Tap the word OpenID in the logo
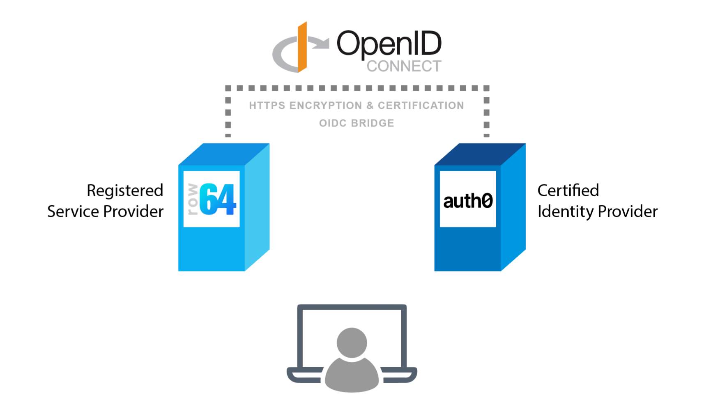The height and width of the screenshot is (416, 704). [389, 44]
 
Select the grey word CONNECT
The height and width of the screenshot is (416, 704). [404, 66]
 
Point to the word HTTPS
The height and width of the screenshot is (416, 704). [267, 106]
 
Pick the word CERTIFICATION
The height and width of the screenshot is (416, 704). [421, 106]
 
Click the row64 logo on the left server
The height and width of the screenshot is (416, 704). [212, 199]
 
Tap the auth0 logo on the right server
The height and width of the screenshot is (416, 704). [468, 200]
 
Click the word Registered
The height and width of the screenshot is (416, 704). [125, 191]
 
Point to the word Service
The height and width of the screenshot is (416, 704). [73, 211]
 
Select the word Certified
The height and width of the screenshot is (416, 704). [568, 191]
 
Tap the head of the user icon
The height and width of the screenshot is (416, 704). [352, 342]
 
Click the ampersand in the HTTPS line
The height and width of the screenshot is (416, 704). [370, 106]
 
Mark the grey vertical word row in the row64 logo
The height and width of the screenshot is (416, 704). [192, 200]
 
